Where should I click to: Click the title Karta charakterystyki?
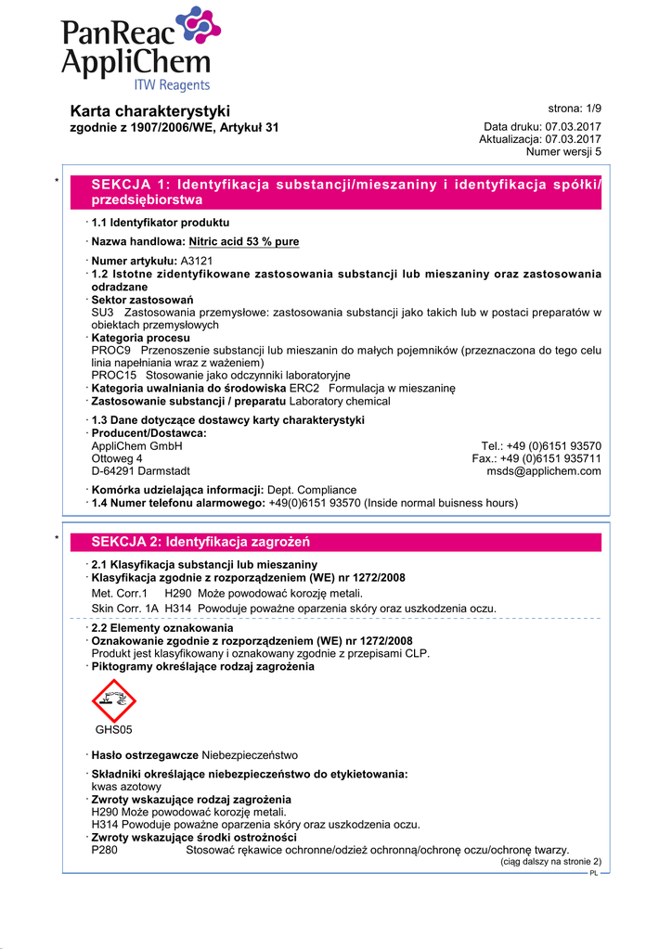pos(150,111)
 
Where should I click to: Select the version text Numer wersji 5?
pos(563,151)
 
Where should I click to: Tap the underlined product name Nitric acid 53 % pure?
pos(244,242)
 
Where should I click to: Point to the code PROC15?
pos(114,375)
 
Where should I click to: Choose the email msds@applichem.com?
pos(544,471)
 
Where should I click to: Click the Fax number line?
pos(536,458)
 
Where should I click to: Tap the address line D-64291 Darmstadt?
pos(140,471)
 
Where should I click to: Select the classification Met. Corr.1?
pos(120,594)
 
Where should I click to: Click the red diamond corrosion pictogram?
pos(114,700)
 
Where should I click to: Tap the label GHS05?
pos(114,730)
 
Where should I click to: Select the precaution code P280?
pos(105,850)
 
